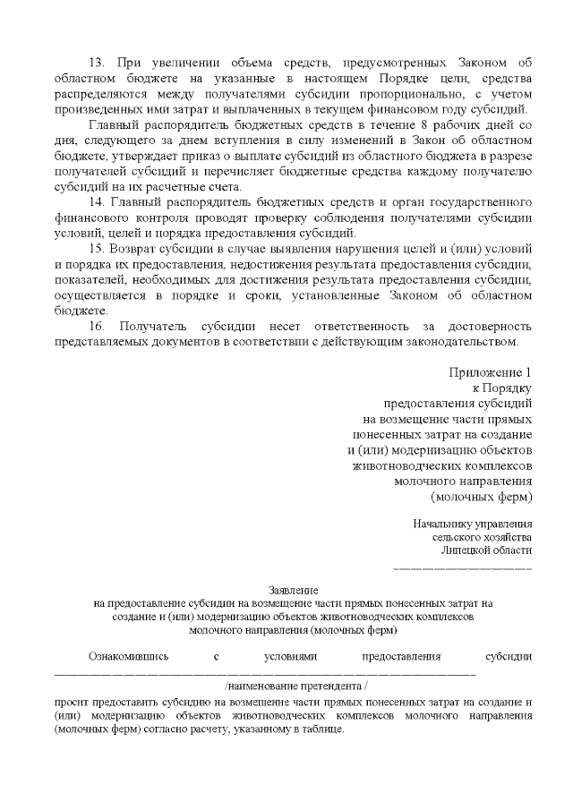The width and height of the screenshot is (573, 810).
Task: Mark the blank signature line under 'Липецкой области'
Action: pyautogui.click(x=463, y=568)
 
